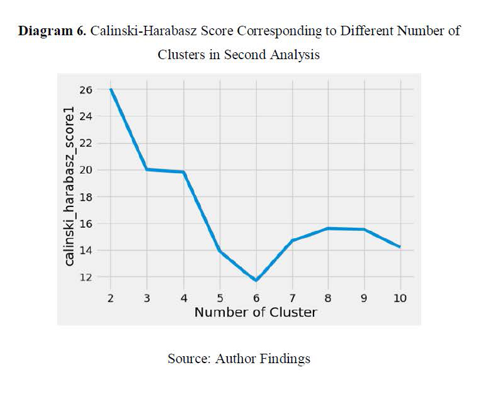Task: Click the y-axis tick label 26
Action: click(86, 89)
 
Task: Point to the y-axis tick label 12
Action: click(86, 277)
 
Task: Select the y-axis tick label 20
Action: click(86, 170)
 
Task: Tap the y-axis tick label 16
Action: click(86, 223)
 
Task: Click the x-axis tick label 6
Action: click(256, 298)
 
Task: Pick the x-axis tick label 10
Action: click(400, 298)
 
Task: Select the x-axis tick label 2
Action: click(111, 298)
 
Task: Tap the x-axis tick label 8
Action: click(328, 298)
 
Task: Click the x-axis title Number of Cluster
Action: click(255, 312)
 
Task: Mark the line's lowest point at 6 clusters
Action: click(256, 280)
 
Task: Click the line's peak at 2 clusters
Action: click(111, 89)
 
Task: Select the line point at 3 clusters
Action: click(147, 169)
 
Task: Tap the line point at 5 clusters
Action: click(219, 250)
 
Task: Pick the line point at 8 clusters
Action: click(328, 228)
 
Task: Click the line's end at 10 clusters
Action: click(400, 247)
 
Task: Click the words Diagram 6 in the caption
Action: click(52, 31)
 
